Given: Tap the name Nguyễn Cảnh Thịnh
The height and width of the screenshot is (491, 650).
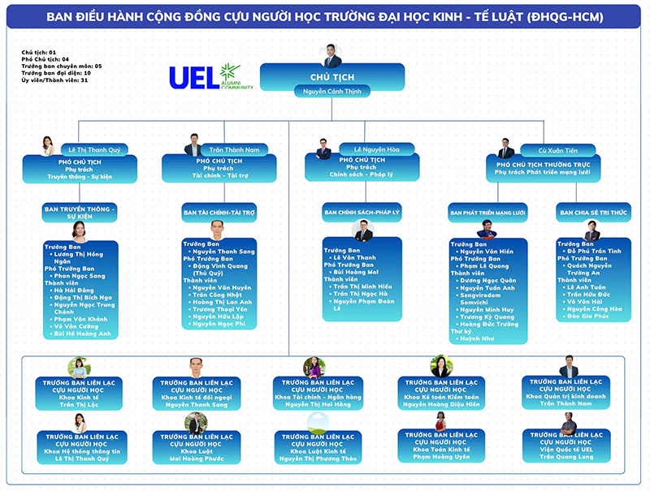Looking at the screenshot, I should (332, 92).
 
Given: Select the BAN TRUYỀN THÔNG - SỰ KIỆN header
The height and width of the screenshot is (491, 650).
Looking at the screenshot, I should (80, 212).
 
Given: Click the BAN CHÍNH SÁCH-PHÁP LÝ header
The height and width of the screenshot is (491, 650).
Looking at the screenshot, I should (362, 213).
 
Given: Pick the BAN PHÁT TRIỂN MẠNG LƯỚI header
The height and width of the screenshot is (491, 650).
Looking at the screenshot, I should (487, 213).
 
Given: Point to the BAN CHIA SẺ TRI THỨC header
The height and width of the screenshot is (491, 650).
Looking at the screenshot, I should (592, 213).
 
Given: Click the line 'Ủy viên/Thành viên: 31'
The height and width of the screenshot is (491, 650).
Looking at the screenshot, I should (54, 80).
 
